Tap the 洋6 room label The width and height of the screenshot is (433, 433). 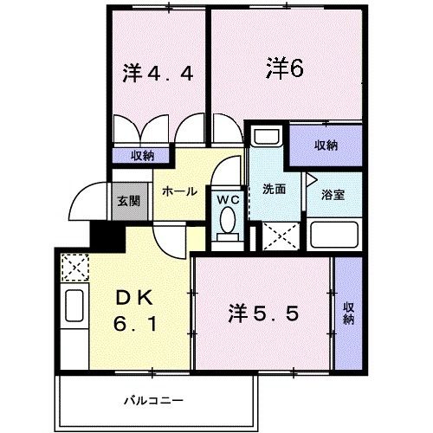[284, 68]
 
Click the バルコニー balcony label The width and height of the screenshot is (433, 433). [152, 400]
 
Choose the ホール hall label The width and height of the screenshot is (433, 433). [179, 191]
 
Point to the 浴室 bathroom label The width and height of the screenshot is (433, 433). [333, 194]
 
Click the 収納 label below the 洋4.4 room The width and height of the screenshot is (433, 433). [143, 156]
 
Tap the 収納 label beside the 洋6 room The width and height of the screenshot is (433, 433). [325, 145]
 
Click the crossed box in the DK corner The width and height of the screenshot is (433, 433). [75, 266]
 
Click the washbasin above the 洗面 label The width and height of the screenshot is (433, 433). [267, 138]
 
